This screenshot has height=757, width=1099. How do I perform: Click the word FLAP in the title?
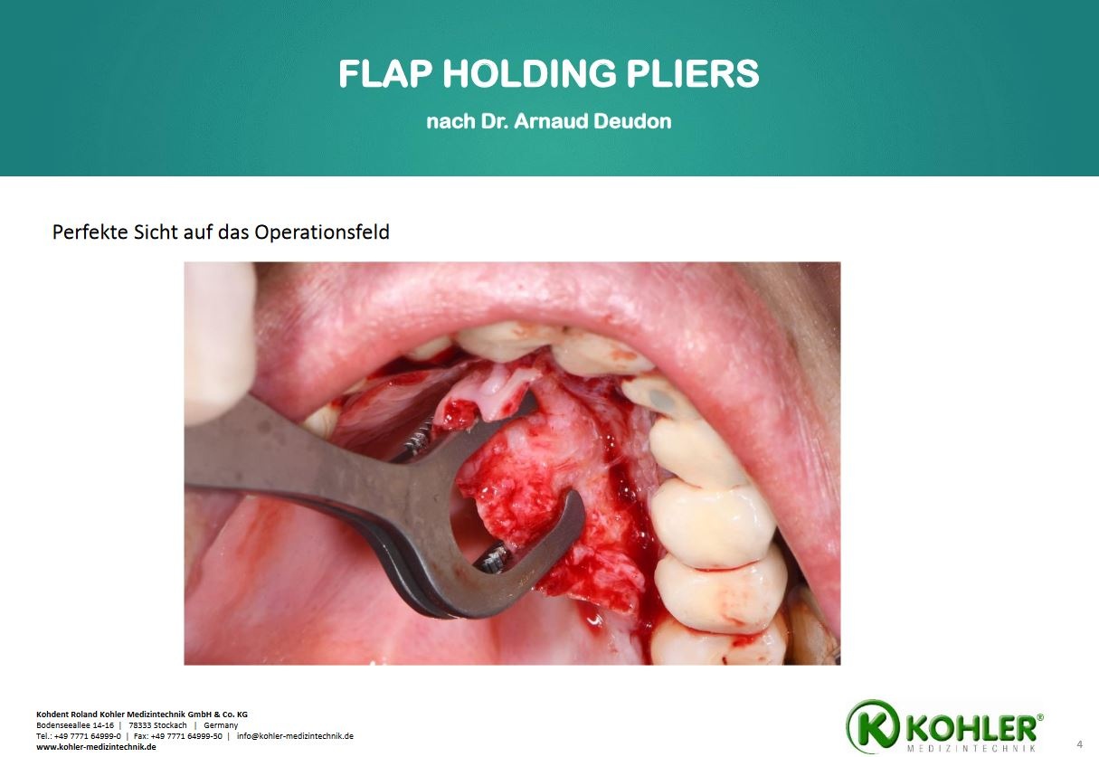(x=385, y=73)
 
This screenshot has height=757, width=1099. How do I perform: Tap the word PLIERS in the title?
(x=692, y=73)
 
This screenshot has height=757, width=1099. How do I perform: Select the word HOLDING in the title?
(x=529, y=73)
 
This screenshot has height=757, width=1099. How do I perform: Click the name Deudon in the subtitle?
(x=632, y=121)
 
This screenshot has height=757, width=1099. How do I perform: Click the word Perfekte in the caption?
(x=90, y=232)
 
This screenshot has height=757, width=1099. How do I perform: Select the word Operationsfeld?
(x=322, y=232)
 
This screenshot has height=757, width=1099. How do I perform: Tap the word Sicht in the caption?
(x=154, y=232)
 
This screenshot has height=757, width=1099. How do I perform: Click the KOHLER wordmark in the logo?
(x=972, y=729)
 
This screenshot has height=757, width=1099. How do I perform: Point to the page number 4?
(x=1079, y=744)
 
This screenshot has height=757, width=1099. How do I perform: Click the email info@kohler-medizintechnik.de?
(x=295, y=736)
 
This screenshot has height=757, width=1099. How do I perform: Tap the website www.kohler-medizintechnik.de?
(x=96, y=747)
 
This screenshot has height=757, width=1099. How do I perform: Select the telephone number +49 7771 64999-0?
(x=88, y=736)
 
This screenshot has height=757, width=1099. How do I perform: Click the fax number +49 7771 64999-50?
(x=186, y=736)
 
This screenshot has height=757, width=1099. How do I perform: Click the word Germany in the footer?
(x=221, y=725)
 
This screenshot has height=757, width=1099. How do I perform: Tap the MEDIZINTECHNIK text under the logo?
(x=971, y=749)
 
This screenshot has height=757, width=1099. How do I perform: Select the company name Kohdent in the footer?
(x=52, y=714)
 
